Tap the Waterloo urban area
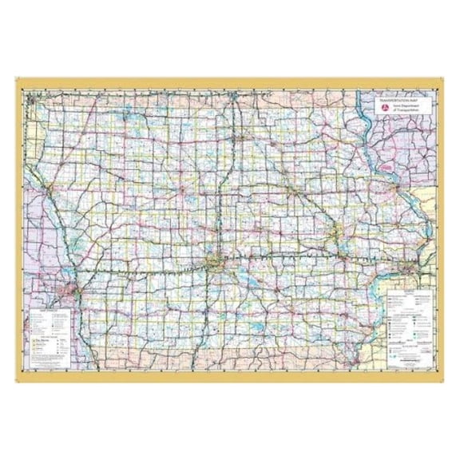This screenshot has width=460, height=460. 295,191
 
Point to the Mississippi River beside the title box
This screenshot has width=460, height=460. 368,120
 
